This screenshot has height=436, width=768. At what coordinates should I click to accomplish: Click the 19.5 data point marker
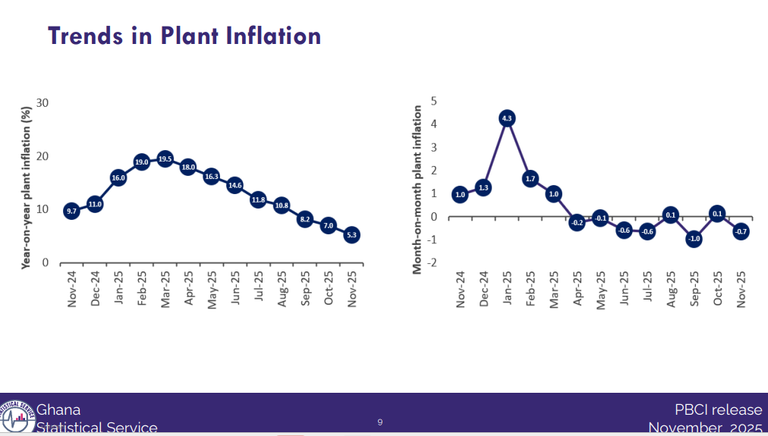(x=165, y=158)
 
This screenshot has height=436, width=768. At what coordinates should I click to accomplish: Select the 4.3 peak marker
(x=507, y=118)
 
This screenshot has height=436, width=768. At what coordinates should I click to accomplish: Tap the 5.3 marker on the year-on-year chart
(x=351, y=235)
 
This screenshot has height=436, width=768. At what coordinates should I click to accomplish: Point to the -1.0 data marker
(x=694, y=239)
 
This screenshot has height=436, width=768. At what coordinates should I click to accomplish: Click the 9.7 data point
(x=71, y=212)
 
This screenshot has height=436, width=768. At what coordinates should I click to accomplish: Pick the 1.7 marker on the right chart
(x=530, y=179)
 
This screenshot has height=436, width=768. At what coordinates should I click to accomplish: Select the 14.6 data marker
(x=234, y=185)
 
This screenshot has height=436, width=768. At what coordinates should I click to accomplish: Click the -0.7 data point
(x=741, y=232)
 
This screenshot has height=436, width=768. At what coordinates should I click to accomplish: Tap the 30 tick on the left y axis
(x=42, y=103)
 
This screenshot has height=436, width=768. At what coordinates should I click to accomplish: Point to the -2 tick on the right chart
(x=434, y=263)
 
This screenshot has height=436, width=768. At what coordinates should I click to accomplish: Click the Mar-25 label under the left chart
(x=165, y=288)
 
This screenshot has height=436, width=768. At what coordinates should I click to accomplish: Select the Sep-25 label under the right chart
(x=694, y=289)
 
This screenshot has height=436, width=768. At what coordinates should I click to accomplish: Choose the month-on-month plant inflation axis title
(x=417, y=190)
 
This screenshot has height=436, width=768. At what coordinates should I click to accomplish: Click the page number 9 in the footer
(x=380, y=422)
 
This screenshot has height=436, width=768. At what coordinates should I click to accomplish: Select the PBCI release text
(x=718, y=410)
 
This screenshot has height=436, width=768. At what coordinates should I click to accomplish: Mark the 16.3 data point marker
(x=212, y=176)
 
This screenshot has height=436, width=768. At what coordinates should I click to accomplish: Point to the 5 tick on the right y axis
(x=434, y=100)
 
